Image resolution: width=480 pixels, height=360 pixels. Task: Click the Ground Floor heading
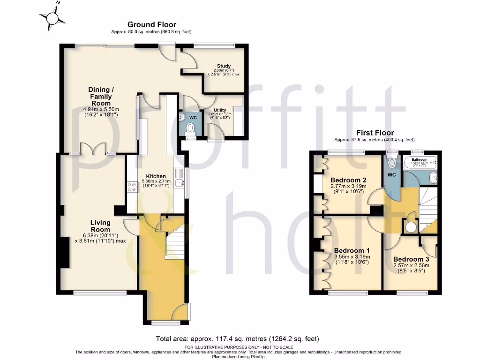tap(152, 24)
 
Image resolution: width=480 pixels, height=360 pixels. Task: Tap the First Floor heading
tap(375, 133)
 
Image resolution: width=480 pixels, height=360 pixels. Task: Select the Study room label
tap(224, 66)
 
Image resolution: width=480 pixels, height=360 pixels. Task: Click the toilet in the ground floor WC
tap(190, 128)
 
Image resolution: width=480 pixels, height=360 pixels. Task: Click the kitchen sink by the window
tap(179, 183)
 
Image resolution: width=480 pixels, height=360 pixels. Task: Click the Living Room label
tap(101, 226)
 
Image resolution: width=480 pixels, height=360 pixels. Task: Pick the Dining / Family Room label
tap(101, 96)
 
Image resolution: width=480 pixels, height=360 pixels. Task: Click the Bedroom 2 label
tap(348, 180)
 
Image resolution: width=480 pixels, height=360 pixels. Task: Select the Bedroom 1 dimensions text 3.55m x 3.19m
tap(352, 257)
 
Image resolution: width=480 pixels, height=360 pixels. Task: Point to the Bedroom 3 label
tap(411, 259)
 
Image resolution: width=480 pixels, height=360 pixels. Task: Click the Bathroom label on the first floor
tap(420, 159)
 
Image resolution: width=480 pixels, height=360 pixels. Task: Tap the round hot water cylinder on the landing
tap(411, 227)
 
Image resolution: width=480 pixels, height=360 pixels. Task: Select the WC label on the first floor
tap(391, 174)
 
